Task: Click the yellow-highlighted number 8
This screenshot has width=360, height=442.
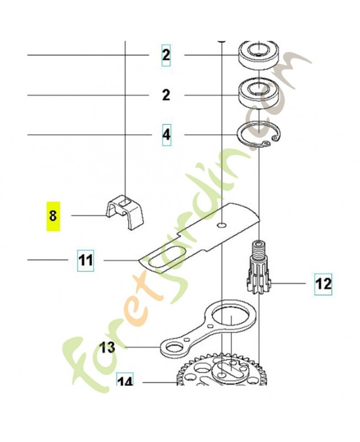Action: click(x=53, y=217)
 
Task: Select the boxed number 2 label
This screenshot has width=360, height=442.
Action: click(x=166, y=56)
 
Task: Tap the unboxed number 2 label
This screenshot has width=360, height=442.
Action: click(x=166, y=95)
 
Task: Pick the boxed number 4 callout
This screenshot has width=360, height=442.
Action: click(x=167, y=135)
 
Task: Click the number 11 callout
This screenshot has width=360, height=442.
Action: click(x=86, y=260)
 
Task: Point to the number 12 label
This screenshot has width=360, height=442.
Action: click(x=324, y=284)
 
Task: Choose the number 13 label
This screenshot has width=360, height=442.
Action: click(x=108, y=348)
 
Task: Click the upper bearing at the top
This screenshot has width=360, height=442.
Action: click(x=258, y=55)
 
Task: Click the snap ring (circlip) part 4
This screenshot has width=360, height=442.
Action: click(x=258, y=135)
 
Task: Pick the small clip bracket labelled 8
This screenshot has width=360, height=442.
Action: click(x=124, y=211)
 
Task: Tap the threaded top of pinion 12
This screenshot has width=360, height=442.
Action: click(x=258, y=248)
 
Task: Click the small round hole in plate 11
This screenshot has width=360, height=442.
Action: click(x=222, y=225)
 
